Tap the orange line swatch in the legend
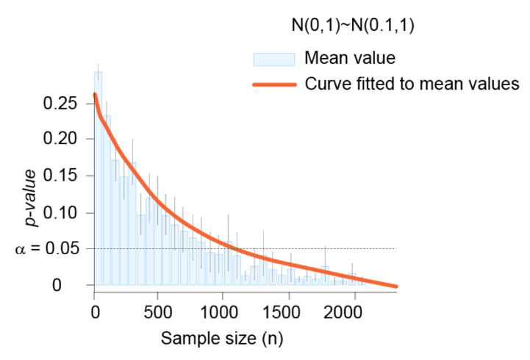(x=273, y=84)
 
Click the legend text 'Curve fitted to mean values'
(x=412, y=84)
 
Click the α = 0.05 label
(x=46, y=249)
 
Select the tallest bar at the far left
(x=98, y=176)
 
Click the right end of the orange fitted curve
(x=395, y=286)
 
